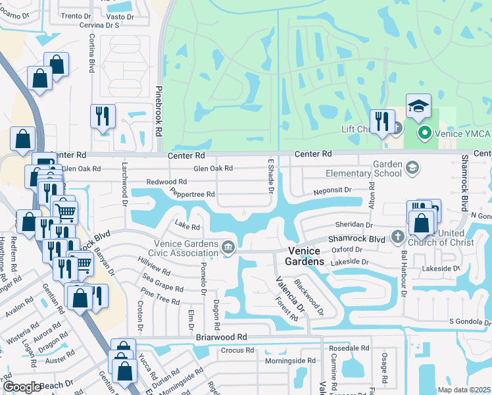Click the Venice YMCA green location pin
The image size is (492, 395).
click(x=424, y=134)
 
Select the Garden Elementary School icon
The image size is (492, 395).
click(x=412, y=167)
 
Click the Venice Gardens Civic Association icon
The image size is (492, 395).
click(x=228, y=248)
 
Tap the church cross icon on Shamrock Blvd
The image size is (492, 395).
click(x=397, y=236)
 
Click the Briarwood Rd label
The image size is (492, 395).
click(x=221, y=336)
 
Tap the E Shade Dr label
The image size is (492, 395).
click(x=270, y=176)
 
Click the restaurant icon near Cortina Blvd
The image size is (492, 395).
click(x=103, y=117)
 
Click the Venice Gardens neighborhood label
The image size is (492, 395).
click(x=305, y=257)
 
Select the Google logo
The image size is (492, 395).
click(x=23, y=387)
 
